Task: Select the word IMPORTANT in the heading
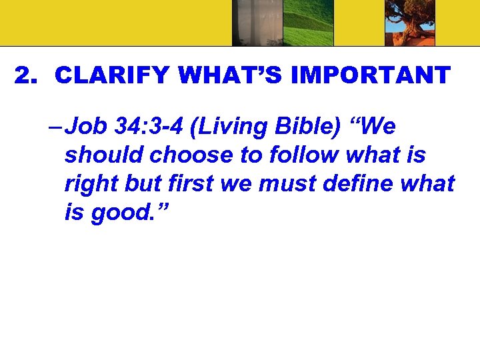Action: click(x=361, y=76)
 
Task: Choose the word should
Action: click(x=105, y=155)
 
